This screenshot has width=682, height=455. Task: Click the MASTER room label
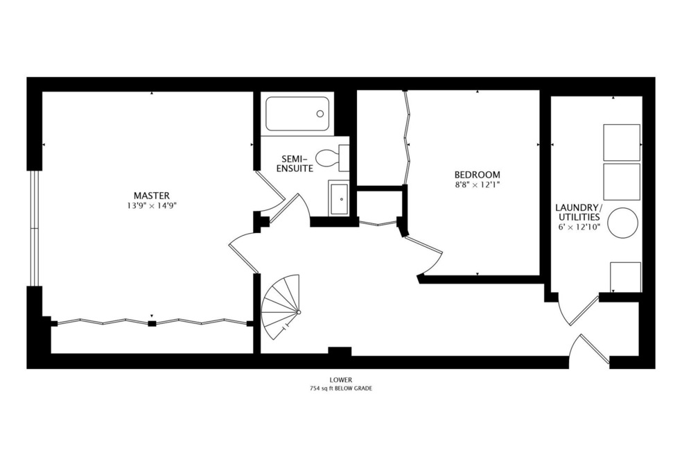(x=151, y=195)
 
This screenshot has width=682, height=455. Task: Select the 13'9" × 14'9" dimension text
(x=151, y=205)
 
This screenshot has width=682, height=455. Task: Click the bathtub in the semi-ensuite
(x=297, y=114)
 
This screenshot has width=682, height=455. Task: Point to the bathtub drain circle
(x=320, y=114)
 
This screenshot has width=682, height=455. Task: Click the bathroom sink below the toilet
(x=339, y=198)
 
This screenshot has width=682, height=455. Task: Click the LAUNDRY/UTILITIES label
(x=579, y=212)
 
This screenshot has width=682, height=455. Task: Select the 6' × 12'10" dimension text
(x=579, y=226)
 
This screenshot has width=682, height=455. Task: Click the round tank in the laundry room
(x=622, y=223)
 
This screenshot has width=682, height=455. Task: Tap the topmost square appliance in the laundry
(x=621, y=142)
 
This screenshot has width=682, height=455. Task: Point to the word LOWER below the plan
(x=341, y=379)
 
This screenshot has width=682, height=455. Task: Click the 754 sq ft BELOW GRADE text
(x=341, y=388)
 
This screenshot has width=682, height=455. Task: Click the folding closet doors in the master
(x=151, y=322)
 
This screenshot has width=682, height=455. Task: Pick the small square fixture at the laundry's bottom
(x=624, y=277)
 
